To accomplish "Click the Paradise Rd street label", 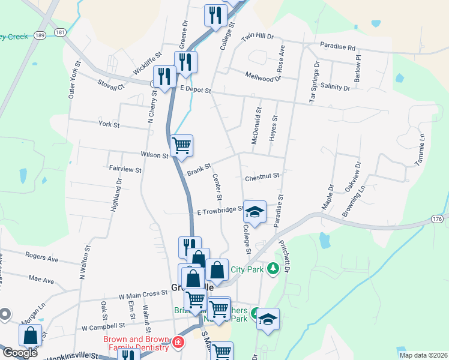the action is [x=337, y=46].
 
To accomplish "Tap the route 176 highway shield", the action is [x=438, y=220].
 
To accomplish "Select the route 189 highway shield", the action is [x=40, y=35].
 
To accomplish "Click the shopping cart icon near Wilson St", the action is [x=181, y=145].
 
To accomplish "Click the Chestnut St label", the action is [x=262, y=176].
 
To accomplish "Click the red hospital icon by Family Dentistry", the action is [x=178, y=343].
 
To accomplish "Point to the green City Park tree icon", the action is [x=273, y=268].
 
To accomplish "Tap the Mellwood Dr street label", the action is [x=264, y=76].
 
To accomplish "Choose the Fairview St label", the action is [x=125, y=170].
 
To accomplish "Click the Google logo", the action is [x=20, y=353].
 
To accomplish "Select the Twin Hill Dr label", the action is [x=257, y=37].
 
